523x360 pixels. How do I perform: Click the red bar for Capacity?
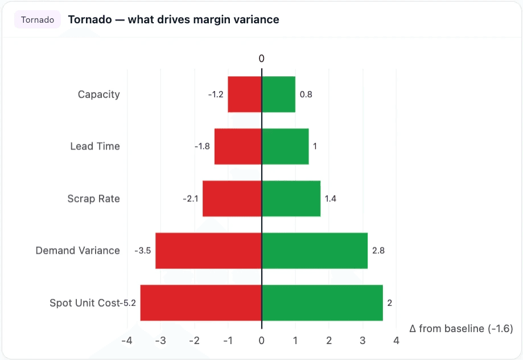pos(245,94)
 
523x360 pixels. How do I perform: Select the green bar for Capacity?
pos(278,94)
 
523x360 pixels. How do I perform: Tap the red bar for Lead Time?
pos(238,146)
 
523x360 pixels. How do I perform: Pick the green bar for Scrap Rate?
pos(291,198)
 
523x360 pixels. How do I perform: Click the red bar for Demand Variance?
pos(208,251)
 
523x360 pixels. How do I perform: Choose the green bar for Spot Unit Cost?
pos(322,303)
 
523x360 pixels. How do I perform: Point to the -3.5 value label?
pos(143,251)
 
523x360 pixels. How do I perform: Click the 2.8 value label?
pos(378,251)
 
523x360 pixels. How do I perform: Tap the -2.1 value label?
pos(190,198)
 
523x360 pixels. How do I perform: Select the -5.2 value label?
pos(129,303)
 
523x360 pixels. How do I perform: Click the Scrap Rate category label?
pos(93,198)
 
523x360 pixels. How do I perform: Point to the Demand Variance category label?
pos(77,251)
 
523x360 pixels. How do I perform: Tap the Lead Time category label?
pos(95,146)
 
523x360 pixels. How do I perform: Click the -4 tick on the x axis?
pos(127,341)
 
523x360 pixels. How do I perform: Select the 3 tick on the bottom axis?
pos(363,341)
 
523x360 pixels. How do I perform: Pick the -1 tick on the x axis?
pos(228,341)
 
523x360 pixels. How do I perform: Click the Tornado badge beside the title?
pos(38,20)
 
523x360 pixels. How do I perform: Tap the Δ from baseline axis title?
pos(461,328)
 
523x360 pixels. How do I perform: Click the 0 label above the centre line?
pos(262,59)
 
